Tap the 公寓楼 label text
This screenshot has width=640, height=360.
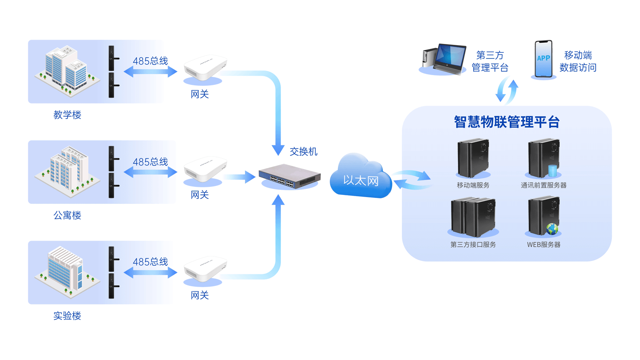pos(67,215)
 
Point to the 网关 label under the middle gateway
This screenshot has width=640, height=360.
pos(199,195)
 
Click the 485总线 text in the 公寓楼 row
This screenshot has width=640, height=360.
pos(150,162)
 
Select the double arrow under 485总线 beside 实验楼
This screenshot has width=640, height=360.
pos(150,273)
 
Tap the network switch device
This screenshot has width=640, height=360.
pos(289,176)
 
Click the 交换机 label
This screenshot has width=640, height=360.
pos(303,151)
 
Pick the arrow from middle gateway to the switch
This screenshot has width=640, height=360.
pos(239,177)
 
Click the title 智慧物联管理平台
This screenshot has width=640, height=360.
pos(506,122)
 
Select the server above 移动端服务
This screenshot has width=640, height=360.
pos(473,158)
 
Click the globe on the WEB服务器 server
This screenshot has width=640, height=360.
pos(552,229)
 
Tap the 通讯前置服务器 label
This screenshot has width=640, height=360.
pos(544,185)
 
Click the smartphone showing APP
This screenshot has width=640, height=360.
pos(543,59)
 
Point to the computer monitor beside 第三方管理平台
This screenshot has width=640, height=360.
pos(448,58)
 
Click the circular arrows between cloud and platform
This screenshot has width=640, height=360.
pos(412,180)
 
